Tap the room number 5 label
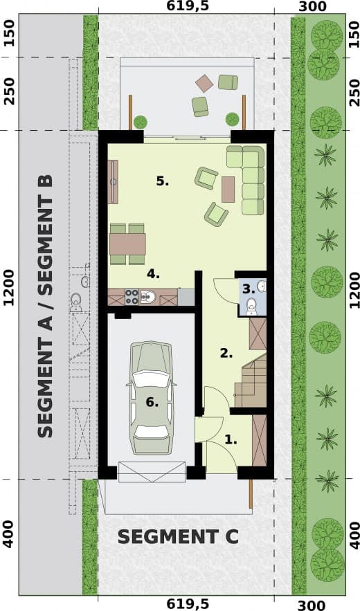coord(162,181)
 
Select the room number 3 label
coord(249,289)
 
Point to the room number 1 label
coord(231,440)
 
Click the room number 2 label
coord(226,354)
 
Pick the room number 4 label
coord(153,274)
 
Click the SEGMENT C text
coord(178,537)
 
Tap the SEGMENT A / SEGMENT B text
coord(45,306)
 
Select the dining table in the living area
coord(127,244)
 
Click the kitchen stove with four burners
coord(132,297)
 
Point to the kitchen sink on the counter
coord(147,297)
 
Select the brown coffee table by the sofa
coord(228,190)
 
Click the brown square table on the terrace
coord(204,83)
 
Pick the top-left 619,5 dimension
coord(182,6)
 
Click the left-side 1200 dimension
coord(9,288)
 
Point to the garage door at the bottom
coord(152,472)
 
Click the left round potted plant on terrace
coord(141,122)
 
